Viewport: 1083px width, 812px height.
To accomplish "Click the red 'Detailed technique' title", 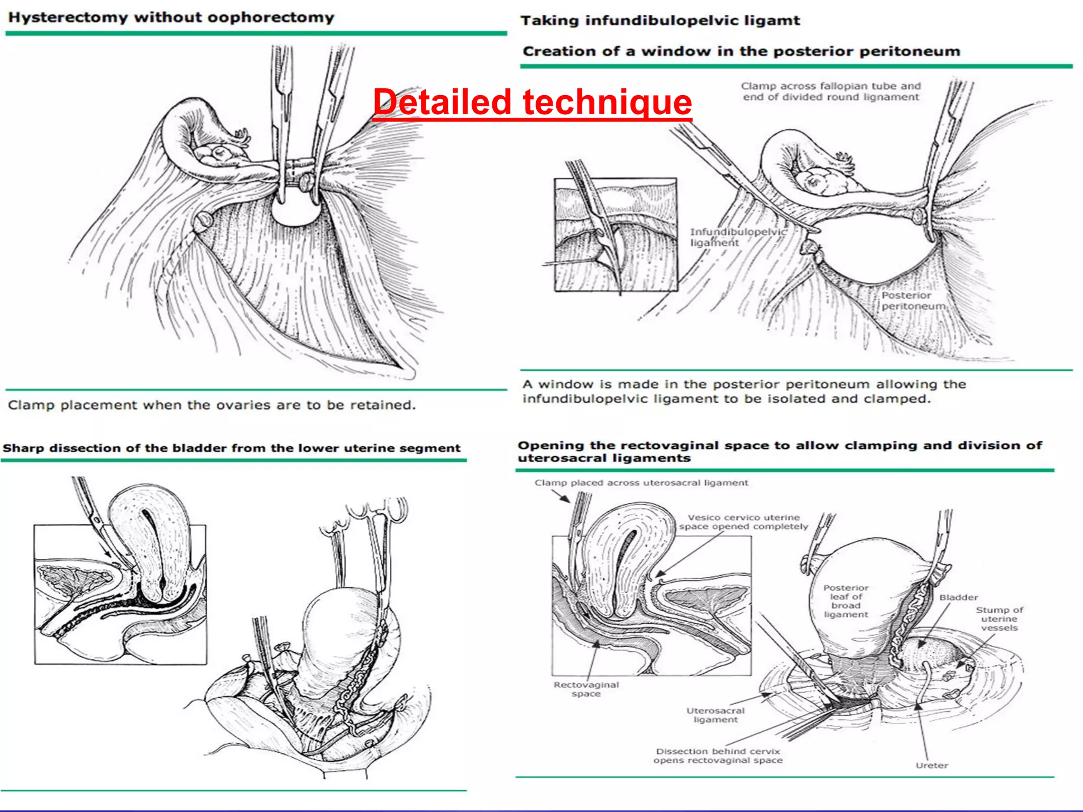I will point(532,102).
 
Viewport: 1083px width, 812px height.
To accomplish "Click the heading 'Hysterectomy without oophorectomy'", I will point(171,17).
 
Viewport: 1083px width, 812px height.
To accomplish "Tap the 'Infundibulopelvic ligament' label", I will point(738,237).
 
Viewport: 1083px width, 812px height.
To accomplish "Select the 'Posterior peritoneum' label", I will point(913,301).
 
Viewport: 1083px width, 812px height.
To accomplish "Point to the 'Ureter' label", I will point(932,765).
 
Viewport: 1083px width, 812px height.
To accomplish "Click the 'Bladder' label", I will point(958,597).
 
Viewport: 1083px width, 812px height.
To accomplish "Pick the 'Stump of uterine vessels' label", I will point(999,619).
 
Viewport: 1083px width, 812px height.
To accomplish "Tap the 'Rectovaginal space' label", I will point(586,689).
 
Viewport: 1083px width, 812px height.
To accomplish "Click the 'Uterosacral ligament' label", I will point(715,715).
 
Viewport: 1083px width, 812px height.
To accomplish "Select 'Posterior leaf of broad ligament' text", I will point(846,601).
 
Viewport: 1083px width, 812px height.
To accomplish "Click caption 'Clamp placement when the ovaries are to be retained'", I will point(212,405).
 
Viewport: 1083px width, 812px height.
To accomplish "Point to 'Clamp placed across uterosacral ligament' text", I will point(641,483).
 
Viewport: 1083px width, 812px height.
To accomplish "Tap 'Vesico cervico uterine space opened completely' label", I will point(744,522).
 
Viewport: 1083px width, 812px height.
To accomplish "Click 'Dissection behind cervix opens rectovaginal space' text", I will point(718,755).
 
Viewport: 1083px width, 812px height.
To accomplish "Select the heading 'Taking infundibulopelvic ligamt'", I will point(660,21).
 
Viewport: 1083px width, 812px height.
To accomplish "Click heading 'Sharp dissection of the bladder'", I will point(232,448).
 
